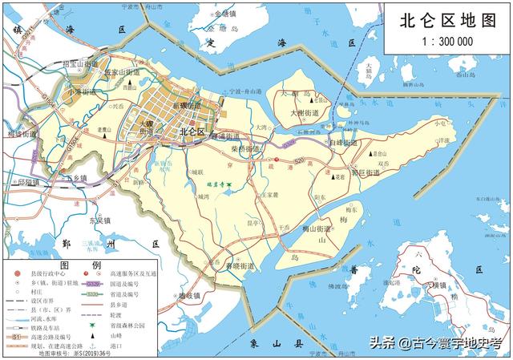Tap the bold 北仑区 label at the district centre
pos(192,131)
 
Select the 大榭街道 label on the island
pos(305,113)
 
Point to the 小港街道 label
pos(82,91)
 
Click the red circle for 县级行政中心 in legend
pos(16,274)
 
